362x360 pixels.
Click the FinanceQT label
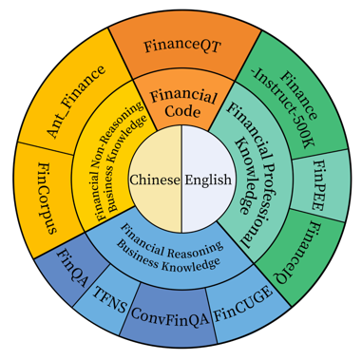[182, 47]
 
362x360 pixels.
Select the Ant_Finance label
[76, 102]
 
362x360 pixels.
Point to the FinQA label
[71, 267]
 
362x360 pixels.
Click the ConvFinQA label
[170, 315]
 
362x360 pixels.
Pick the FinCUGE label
[243, 304]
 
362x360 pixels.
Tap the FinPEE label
[318, 185]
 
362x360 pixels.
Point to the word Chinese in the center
[155, 180]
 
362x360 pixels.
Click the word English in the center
[208, 180]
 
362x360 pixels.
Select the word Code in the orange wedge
[183, 111]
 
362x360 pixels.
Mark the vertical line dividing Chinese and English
[181, 180]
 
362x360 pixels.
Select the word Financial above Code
[183, 96]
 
